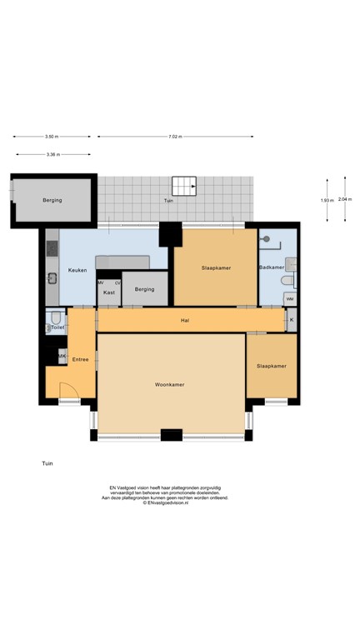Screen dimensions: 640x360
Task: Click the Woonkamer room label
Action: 170,384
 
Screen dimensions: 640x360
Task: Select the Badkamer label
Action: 271,267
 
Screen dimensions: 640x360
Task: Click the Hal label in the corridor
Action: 186,320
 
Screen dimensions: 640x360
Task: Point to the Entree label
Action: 80,359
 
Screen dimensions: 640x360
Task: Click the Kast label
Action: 108,292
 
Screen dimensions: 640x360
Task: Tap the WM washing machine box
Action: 289,298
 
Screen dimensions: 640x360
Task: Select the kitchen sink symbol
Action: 51,277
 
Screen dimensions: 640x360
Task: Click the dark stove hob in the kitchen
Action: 51,248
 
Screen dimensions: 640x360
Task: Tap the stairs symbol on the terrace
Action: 182,186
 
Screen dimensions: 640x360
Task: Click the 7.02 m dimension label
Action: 174,136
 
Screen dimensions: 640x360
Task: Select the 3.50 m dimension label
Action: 52,136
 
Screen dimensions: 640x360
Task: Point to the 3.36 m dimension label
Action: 52,154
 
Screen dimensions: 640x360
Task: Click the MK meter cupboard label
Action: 62,356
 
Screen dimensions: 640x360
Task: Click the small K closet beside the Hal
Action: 291,319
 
